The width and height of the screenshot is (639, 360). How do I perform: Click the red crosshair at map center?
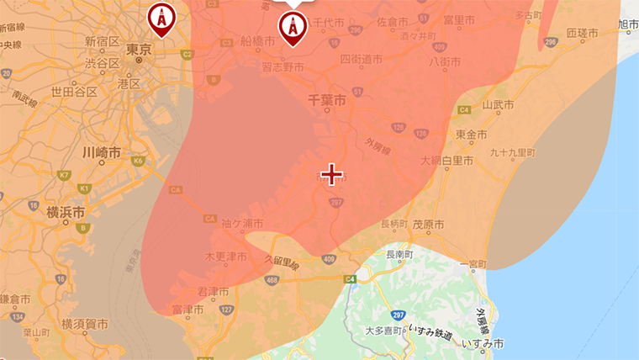click(x=332, y=174)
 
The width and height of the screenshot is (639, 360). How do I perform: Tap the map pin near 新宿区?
click(x=161, y=18)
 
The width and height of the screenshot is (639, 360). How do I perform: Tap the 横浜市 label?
click(x=66, y=211)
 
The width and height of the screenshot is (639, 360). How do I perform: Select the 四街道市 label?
click(x=361, y=60)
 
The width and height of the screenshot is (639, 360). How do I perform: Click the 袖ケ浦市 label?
click(x=242, y=224)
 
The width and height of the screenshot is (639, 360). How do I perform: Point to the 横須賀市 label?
click(x=84, y=323)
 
